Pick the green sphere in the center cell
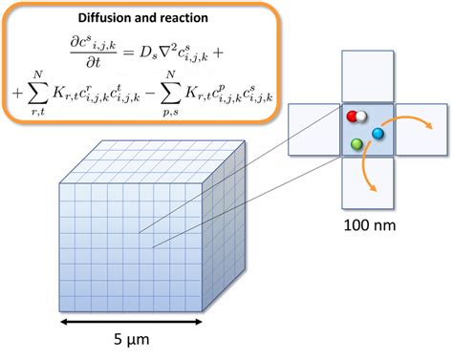click(x=356, y=144)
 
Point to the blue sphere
click(x=377, y=135)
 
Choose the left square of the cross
click(x=314, y=129)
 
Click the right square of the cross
click(x=420, y=129)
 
